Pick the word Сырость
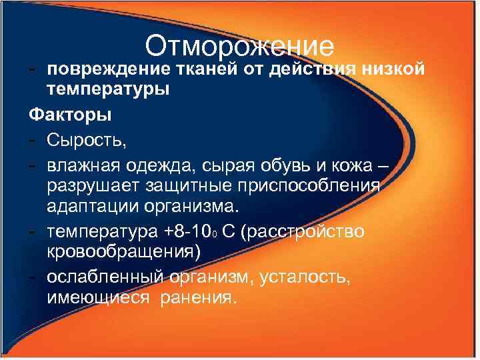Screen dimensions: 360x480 [87, 140]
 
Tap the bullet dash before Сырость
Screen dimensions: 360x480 [33, 140]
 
